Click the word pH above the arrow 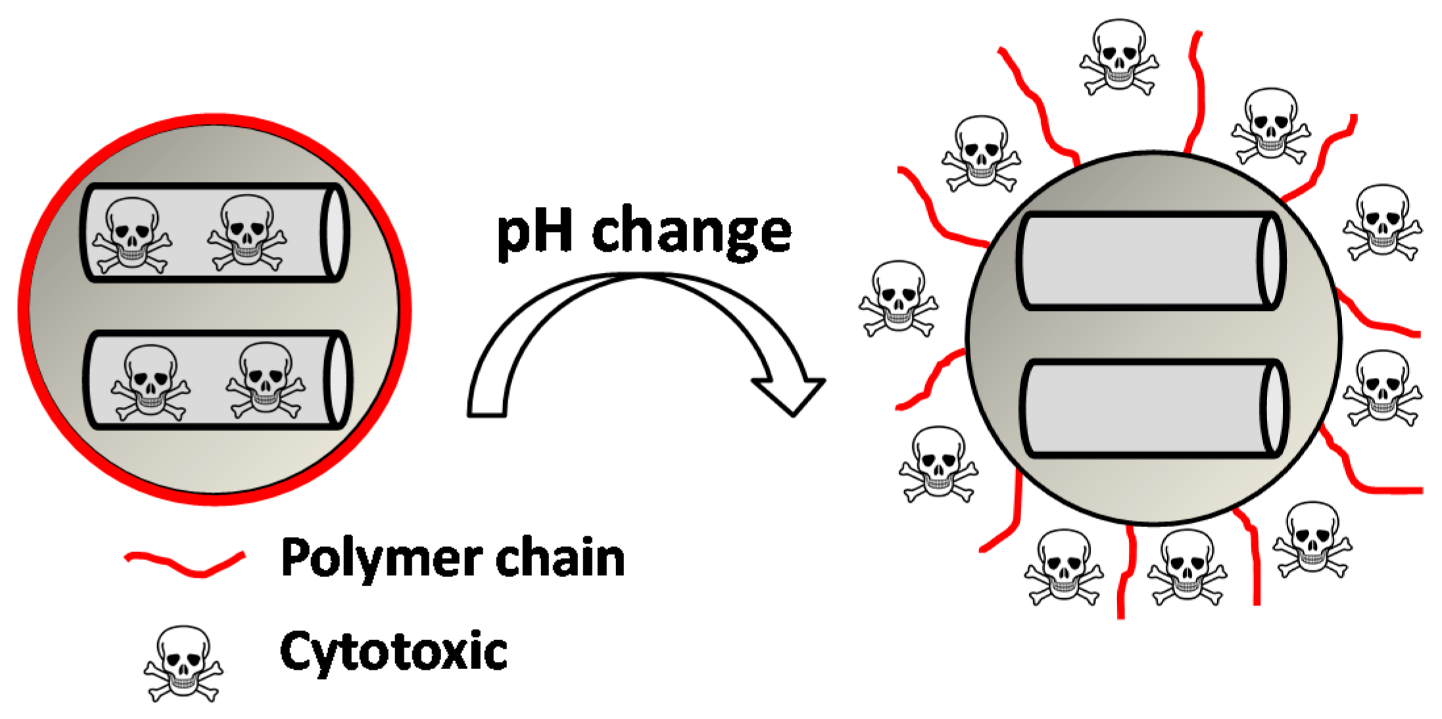[535, 231]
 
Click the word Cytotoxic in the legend [393, 651]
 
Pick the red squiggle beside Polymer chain [185, 563]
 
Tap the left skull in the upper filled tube [132, 234]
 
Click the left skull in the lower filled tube [151, 381]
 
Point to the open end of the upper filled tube [335, 232]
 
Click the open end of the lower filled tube [338, 380]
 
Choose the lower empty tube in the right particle [1147, 408]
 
